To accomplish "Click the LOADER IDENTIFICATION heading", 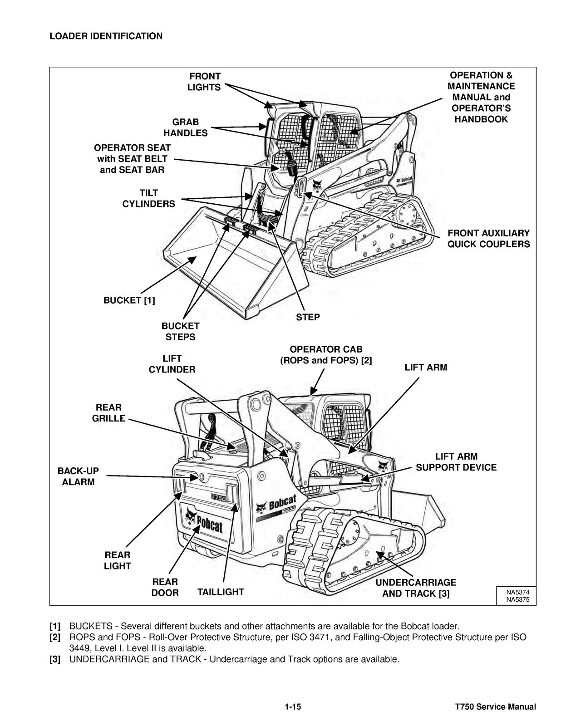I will point(106,36).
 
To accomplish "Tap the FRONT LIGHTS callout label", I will point(204,82).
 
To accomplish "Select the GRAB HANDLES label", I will point(185,128).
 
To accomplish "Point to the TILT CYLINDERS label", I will point(148,199).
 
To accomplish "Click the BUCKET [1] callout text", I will point(129,300).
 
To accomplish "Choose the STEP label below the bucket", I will point(308,318).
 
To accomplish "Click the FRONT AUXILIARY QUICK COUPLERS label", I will point(488,239).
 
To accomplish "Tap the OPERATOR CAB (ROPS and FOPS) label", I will point(326,355).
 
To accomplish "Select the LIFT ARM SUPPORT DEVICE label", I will point(456,462).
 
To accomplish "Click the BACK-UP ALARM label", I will point(78,476).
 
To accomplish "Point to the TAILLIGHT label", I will point(221,592).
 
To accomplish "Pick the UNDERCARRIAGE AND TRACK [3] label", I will point(416,588).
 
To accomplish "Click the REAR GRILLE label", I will point(108,413).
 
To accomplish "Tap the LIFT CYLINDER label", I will point(172,364).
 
